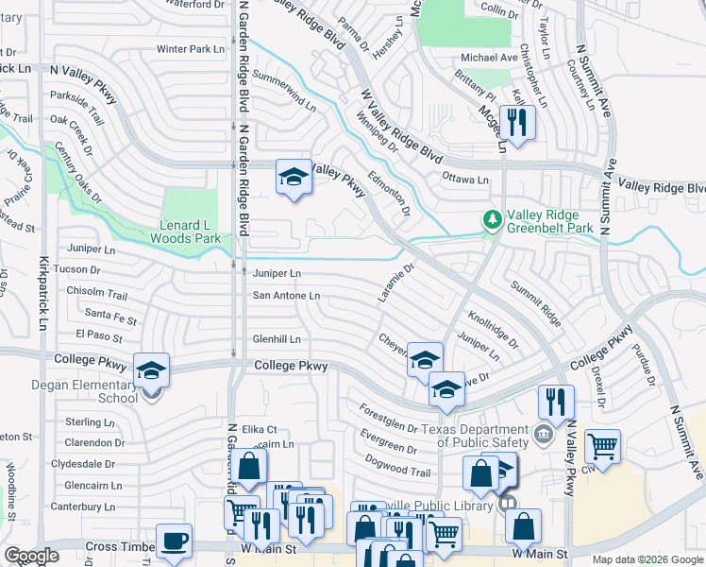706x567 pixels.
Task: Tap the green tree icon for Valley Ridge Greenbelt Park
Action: tap(491, 219)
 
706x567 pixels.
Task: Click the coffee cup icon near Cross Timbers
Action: tap(174, 541)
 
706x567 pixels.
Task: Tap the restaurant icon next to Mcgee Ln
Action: tap(517, 122)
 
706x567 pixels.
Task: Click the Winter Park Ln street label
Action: tap(191, 49)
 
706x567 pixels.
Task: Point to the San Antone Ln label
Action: tap(286, 296)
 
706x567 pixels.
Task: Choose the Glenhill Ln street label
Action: tap(276, 339)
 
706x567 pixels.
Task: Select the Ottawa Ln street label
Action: tap(464, 180)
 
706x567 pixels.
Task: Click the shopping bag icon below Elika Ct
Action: tap(249, 466)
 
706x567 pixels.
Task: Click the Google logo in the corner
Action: tap(31, 556)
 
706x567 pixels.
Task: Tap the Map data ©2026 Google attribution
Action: tap(647, 559)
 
